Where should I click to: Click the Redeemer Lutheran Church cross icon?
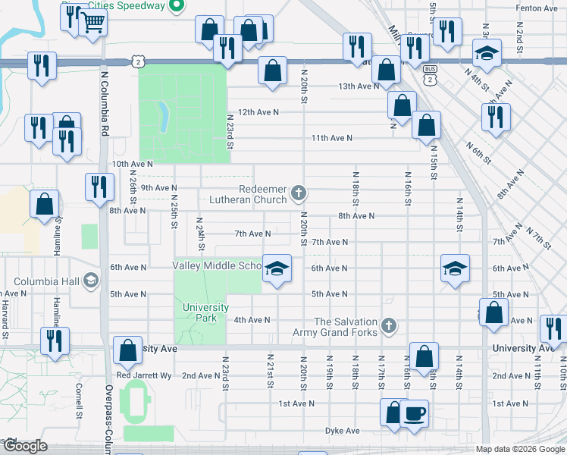pyautogui.click(x=299, y=193)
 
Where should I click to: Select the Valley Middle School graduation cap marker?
pyautogui.click(x=277, y=268)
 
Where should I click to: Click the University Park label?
pyautogui.click(x=205, y=312)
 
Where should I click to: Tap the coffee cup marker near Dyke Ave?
pyautogui.click(x=414, y=413)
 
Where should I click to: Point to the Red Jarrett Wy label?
pyautogui.click(x=143, y=375)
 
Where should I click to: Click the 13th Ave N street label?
pyautogui.click(x=358, y=86)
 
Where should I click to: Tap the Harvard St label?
pyautogui.click(x=5, y=318)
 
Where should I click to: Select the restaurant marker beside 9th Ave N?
pyautogui.click(x=99, y=187)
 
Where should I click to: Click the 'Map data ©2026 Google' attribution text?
pyautogui.click(x=520, y=449)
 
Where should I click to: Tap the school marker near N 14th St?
pyautogui.click(x=455, y=268)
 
